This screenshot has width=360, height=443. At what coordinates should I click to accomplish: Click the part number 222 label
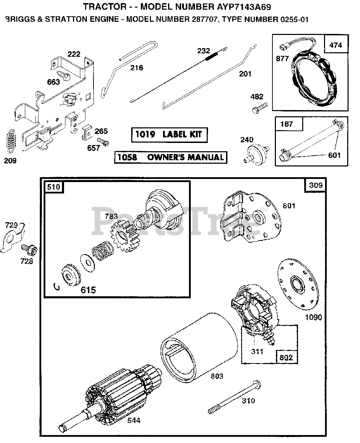click(74, 54)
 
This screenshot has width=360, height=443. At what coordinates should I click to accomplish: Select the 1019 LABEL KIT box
click(169, 134)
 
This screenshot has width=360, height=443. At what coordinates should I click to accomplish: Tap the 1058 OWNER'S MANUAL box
click(171, 157)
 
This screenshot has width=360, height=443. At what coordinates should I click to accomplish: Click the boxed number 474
click(335, 45)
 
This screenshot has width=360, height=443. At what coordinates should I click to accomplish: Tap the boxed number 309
click(315, 185)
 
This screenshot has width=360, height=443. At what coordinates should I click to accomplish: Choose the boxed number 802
click(286, 357)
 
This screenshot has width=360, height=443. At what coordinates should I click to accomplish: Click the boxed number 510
click(53, 187)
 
